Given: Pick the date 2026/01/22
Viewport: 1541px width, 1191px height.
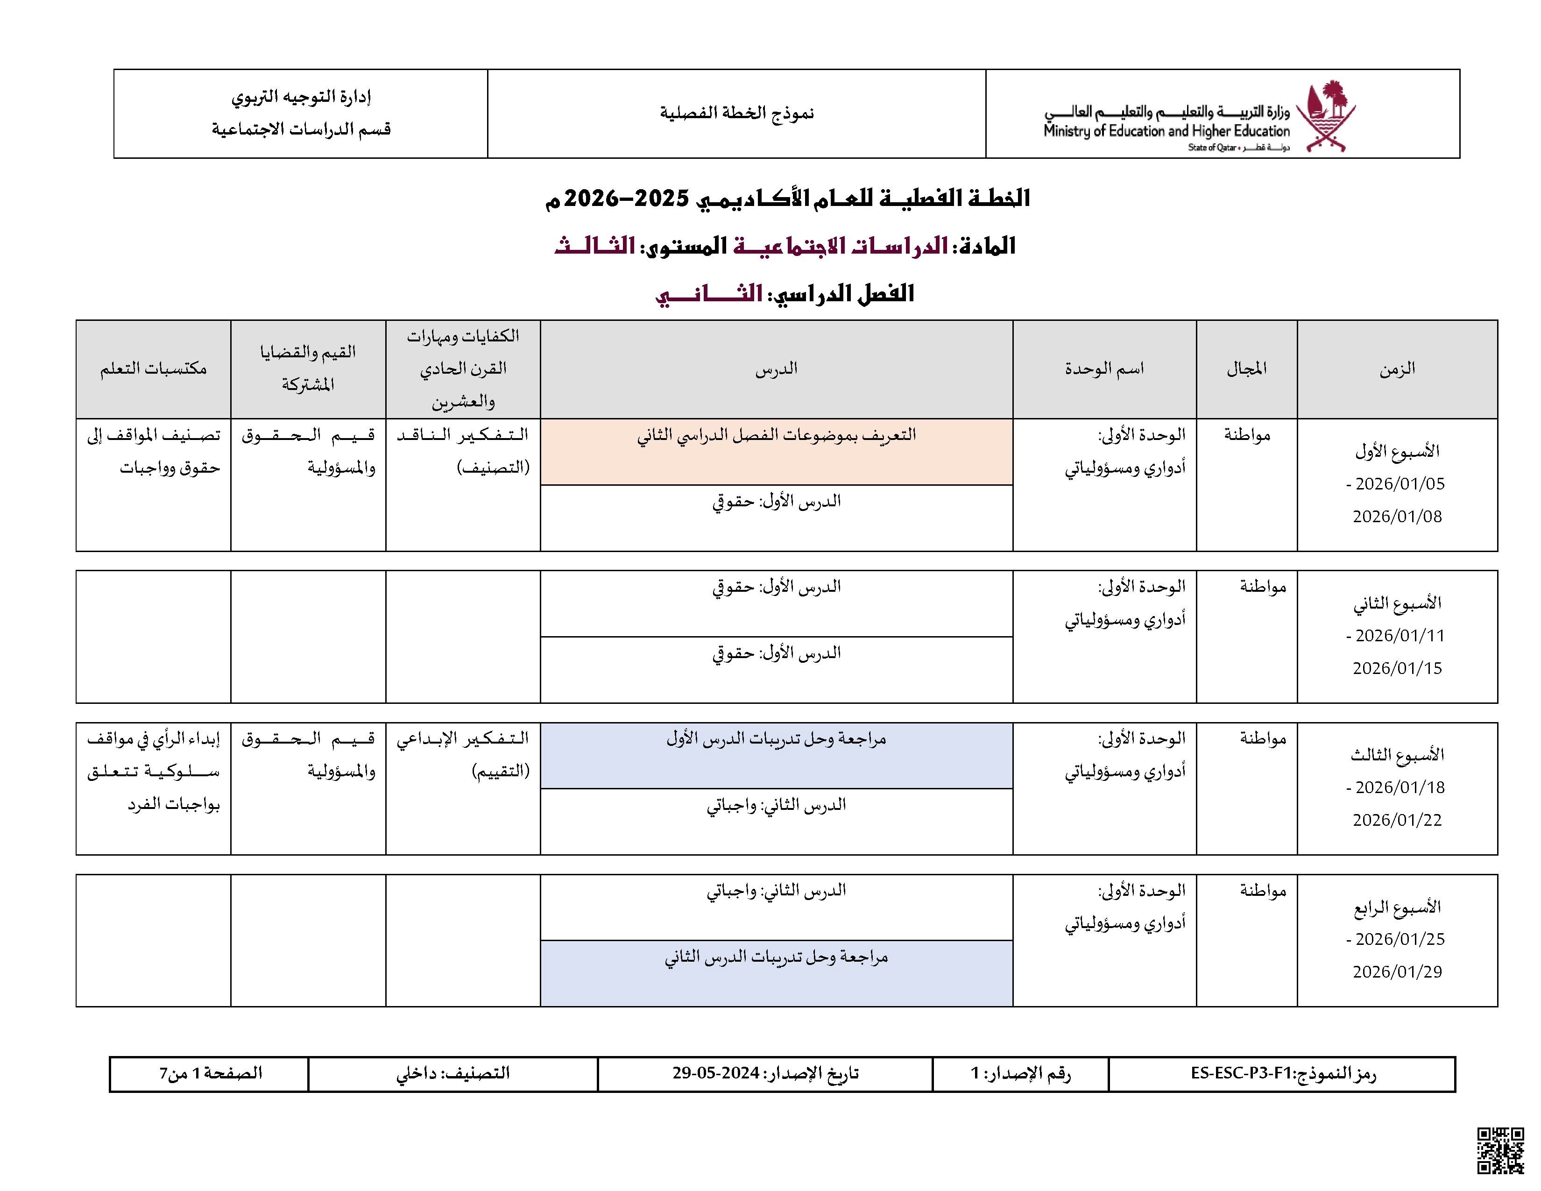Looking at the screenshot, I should [x=1397, y=820].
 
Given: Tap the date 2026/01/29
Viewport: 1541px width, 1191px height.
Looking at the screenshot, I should [x=1397, y=971].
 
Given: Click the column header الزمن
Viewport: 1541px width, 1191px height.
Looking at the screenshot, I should [x=1397, y=369].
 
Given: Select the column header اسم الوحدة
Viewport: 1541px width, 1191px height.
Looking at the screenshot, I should [x=1104, y=369].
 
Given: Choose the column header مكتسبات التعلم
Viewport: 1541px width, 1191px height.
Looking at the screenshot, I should [x=153, y=369].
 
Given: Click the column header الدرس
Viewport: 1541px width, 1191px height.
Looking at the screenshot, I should [x=776, y=369].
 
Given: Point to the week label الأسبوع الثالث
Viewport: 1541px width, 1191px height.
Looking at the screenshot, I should [x=1397, y=755].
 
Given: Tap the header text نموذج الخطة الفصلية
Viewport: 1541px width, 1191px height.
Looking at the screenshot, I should [x=736, y=113].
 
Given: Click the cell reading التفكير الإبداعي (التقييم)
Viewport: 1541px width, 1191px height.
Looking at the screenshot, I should [x=463, y=755].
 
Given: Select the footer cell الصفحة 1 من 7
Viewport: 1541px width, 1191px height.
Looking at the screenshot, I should [x=210, y=1073].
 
